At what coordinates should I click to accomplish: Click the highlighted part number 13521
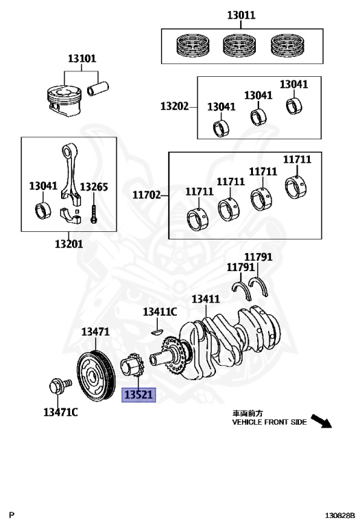(x=139, y=395)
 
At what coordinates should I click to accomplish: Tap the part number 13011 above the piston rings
(x=241, y=15)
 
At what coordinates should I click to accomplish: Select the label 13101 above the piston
(x=82, y=58)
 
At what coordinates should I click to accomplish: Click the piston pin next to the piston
(x=98, y=89)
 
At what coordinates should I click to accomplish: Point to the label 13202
(x=174, y=106)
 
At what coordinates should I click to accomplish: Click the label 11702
(x=147, y=195)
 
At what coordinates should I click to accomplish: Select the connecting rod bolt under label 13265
(x=94, y=213)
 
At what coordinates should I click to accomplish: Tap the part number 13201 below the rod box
(x=69, y=244)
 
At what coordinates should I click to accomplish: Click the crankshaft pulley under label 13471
(x=97, y=376)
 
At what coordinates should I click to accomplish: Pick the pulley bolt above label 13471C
(x=60, y=386)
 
